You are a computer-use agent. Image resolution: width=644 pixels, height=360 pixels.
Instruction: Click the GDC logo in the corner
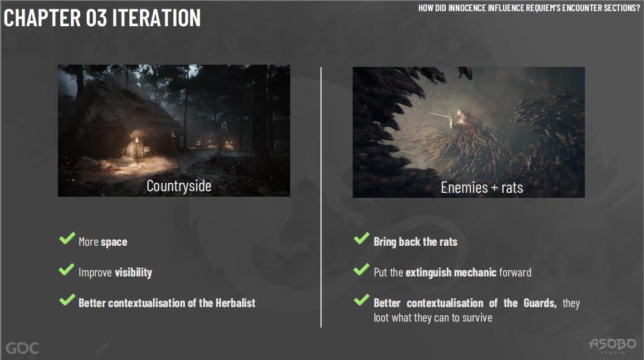tap(22, 348)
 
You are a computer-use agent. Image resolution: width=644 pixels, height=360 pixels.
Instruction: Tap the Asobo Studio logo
tap(612, 345)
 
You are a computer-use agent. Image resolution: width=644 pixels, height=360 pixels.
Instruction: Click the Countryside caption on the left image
tap(179, 186)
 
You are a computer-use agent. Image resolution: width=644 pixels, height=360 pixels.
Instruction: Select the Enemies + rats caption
tap(482, 188)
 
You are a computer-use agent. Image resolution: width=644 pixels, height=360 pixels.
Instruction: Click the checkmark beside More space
tap(67, 239)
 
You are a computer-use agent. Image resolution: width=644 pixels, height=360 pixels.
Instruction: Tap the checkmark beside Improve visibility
tap(66, 269)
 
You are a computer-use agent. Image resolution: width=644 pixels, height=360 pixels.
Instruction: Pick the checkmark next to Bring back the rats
tap(362, 239)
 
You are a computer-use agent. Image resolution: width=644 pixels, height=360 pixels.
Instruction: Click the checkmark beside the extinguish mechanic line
tap(362, 269)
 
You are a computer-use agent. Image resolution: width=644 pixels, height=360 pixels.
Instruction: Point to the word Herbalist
tap(235, 303)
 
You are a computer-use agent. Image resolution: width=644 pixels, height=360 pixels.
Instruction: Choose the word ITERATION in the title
tap(157, 18)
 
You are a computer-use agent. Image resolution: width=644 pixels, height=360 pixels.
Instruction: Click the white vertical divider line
tap(321, 197)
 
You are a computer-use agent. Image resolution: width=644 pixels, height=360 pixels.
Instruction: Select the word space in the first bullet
tap(114, 242)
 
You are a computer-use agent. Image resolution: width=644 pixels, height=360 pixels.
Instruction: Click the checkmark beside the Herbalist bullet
tap(67, 300)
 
